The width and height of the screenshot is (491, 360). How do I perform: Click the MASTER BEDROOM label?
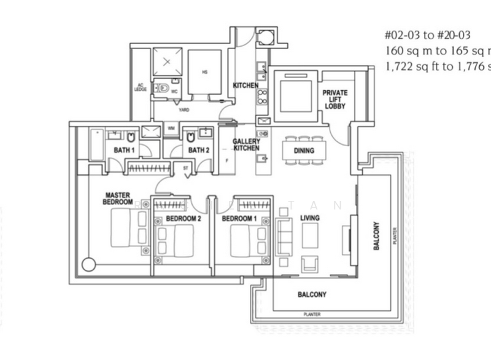118,198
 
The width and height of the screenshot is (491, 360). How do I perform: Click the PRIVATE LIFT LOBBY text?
335,99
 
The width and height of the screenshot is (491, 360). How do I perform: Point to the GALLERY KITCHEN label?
245,144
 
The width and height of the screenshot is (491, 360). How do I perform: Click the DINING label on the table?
304,151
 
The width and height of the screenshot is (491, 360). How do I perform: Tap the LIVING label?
309,218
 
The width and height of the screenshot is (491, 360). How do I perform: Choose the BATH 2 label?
199,149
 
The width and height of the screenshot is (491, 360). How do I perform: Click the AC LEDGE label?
139,87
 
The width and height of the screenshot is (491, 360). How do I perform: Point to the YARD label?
184,110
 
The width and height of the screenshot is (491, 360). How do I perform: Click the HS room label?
204,72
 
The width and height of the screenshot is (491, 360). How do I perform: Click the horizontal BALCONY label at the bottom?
312,295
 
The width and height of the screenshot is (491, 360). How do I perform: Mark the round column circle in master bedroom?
89,265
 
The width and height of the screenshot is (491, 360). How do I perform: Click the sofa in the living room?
284,236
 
